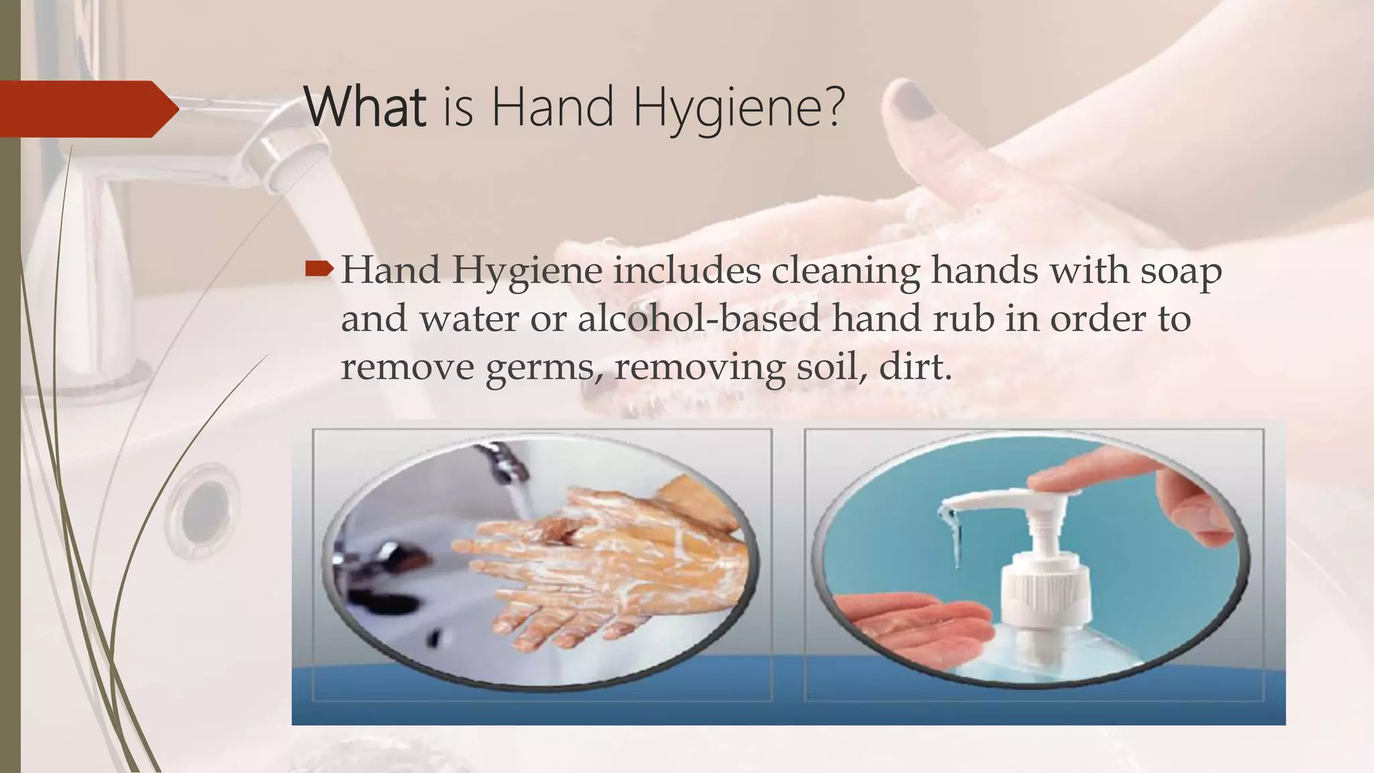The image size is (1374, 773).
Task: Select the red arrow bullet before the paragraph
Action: [x=319, y=270]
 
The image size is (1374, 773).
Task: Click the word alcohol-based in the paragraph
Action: [x=698, y=319]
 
